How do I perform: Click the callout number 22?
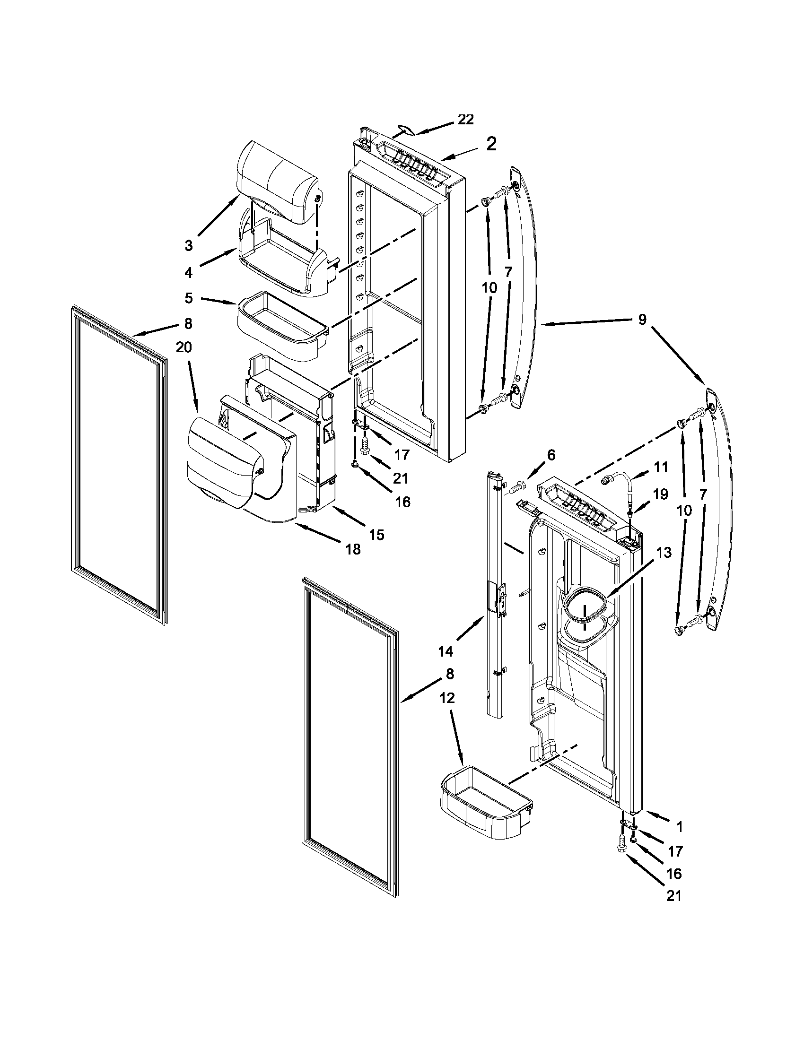coord(465,120)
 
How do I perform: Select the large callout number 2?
coord(491,144)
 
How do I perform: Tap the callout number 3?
coord(189,245)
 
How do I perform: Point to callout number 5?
coord(189,299)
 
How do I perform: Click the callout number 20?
coord(184,348)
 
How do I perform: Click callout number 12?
coord(447,698)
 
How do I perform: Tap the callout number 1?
coord(679,827)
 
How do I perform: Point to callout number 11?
coord(660,467)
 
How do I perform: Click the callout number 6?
coord(551,455)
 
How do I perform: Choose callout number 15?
coord(376,535)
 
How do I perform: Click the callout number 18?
coord(353,549)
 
